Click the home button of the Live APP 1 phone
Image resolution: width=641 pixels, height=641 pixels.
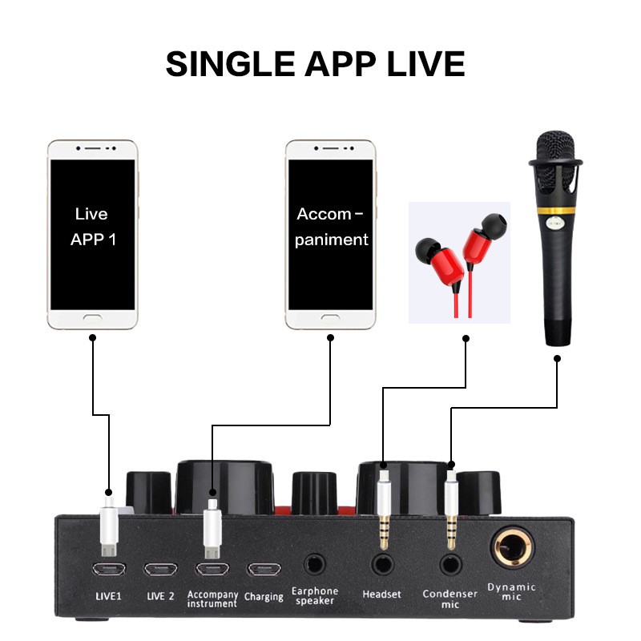click(x=91, y=319)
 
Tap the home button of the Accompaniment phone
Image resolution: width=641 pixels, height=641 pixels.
click(x=331, y=319)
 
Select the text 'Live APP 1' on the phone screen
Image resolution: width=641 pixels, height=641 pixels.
click(x=91, y=227)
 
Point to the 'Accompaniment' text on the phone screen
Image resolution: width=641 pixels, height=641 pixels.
click(x=331, y=227)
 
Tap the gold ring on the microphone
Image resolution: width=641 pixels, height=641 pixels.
click(x=554, y=212)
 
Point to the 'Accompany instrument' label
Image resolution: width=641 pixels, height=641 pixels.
click(x=212, y=599)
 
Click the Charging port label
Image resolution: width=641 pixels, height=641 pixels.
click(x=264, y=596)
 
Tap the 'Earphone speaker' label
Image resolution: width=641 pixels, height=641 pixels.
click(x=315, y=595)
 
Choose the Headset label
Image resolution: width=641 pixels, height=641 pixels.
click(x=381, y=594)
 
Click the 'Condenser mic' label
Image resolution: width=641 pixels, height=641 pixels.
click(x=450, y=598)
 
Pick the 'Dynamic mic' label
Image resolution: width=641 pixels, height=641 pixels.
click(x=511, y=591)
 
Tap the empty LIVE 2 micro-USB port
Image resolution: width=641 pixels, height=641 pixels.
click(x=159, y=569)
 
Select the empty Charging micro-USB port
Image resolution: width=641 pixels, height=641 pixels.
click(x=264, y=569)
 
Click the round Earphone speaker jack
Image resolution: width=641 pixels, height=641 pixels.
click(x=315, y=563)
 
